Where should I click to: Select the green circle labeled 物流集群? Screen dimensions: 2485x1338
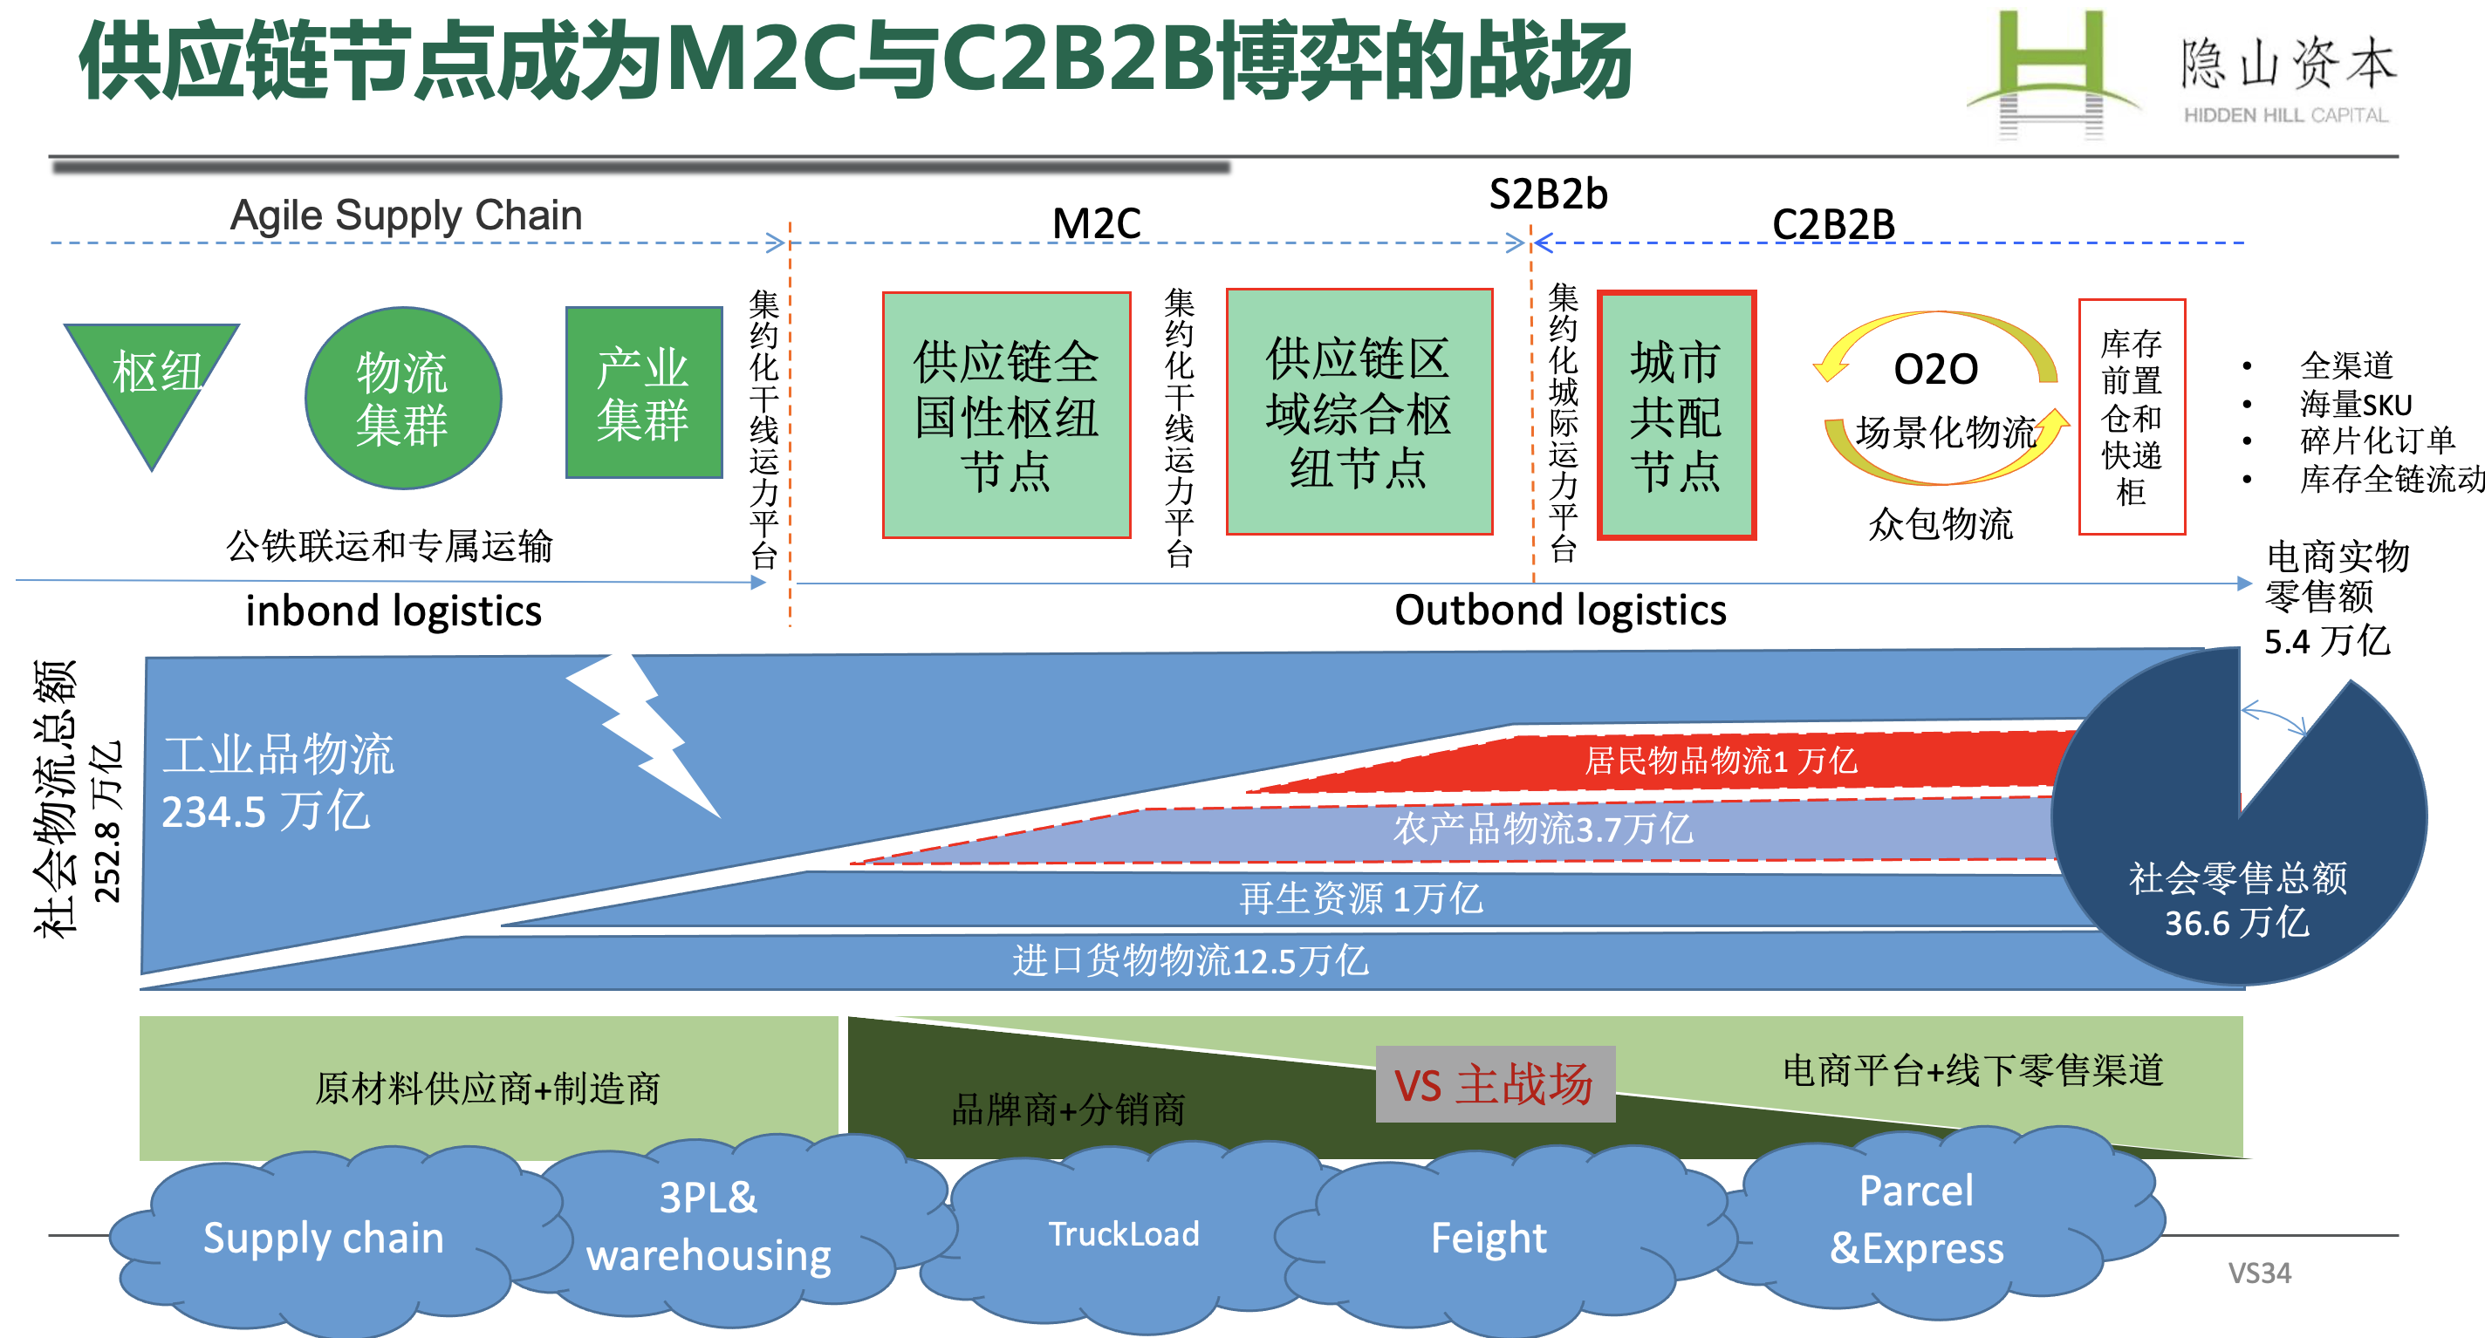coord(403,398)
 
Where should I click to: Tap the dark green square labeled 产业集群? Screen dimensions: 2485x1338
coord(643,393)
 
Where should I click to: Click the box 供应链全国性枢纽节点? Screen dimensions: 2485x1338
coord(1006,415)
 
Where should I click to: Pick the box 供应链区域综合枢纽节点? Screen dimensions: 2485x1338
coord(1359,412)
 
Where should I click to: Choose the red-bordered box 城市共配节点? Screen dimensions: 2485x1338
coord(1677,415)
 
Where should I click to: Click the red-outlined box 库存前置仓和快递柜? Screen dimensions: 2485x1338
coord(2132,417)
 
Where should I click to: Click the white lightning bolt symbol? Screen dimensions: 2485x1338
coord(642,734)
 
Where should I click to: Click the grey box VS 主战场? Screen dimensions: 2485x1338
coord(1496,1084)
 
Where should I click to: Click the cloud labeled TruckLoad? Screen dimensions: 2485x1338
coord(1124,1235)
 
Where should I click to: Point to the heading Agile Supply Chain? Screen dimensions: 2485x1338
coord(406,215)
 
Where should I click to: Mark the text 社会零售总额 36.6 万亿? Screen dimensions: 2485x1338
coord(2238,900)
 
